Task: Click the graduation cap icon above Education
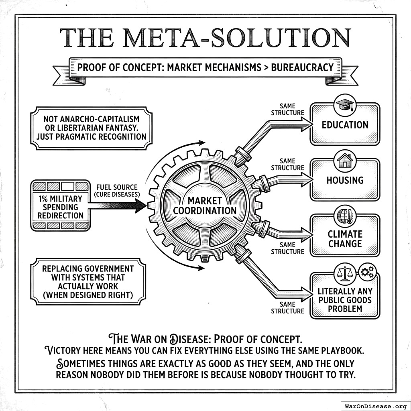[345, 105]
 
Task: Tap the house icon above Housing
[345, 161]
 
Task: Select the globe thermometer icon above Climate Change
[345, 216]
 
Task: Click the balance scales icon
[345, 273]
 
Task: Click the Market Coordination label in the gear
[205, 205]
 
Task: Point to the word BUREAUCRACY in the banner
[303, 67]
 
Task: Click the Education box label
[345, 125]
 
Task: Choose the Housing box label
[345, 180]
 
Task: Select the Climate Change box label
[345, 239]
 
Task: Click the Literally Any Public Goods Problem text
[345, 300]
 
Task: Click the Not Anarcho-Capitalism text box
[91, 128]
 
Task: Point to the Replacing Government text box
[88, 281]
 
